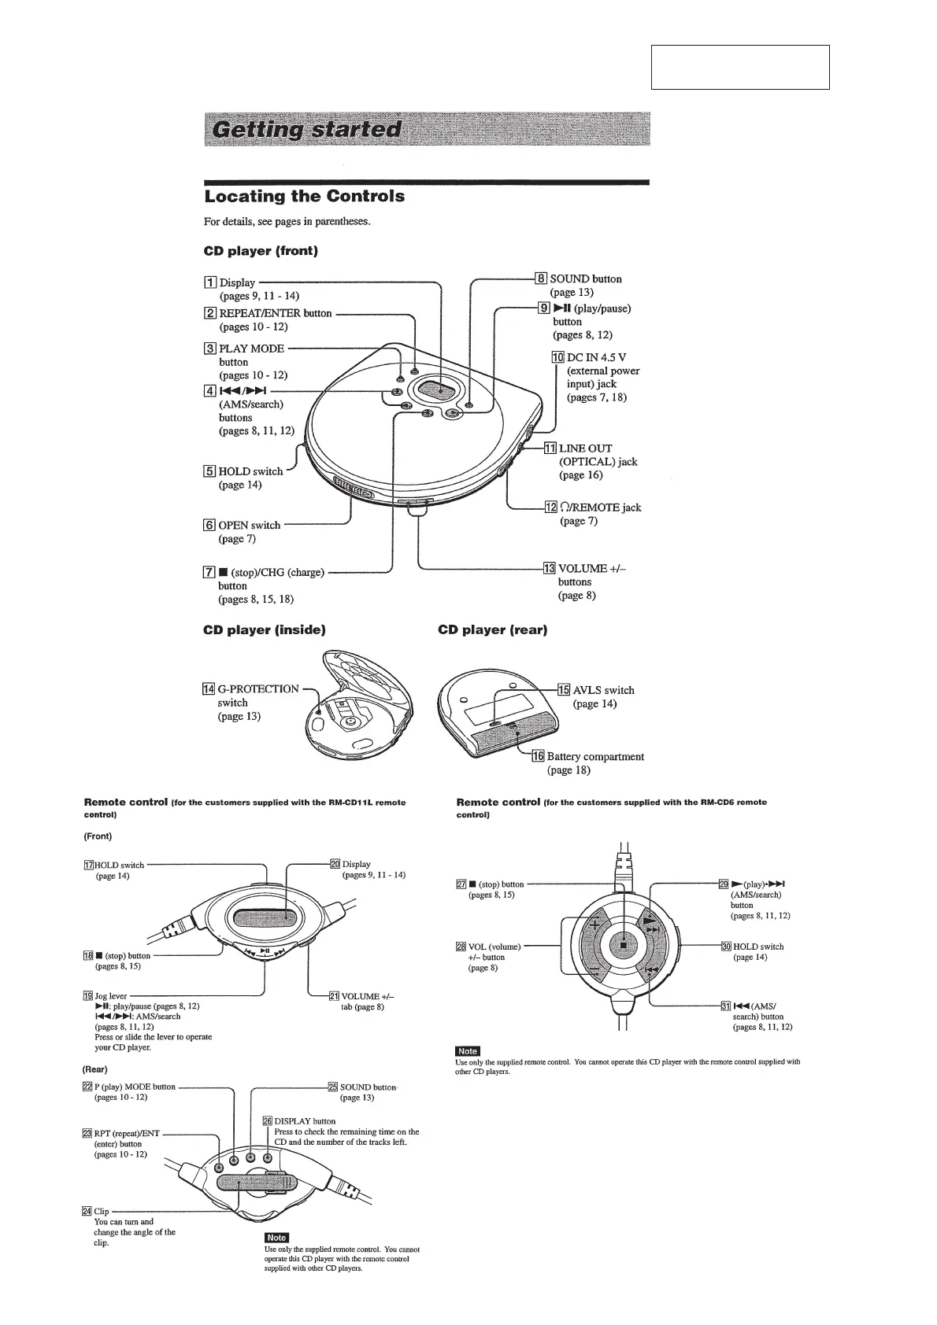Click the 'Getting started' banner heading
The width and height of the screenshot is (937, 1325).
coord(303,130)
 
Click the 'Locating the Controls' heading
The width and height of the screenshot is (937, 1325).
coord(304,196)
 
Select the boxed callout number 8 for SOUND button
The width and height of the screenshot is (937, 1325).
coord(541,279)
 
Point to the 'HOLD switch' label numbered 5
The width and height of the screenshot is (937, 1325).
coord(250,471)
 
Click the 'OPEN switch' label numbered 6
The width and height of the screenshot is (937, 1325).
coord(249,525)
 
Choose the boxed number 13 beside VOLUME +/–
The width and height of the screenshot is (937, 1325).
coord(550,568)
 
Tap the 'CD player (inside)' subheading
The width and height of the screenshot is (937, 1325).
coord(264,629)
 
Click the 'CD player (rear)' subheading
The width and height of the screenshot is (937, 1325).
coord(492,629)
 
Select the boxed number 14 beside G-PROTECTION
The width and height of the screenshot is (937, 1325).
coord(209,689)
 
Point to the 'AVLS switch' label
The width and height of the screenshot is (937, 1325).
coord(603,690)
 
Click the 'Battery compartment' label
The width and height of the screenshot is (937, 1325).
coord(595,756)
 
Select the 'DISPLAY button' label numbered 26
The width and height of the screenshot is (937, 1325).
coord(304,1121)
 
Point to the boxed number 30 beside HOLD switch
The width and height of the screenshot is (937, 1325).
coord(725,947)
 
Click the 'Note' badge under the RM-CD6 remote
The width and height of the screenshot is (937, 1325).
coord(468,1051)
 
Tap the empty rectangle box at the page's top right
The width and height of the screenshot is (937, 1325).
coord(740,67)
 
